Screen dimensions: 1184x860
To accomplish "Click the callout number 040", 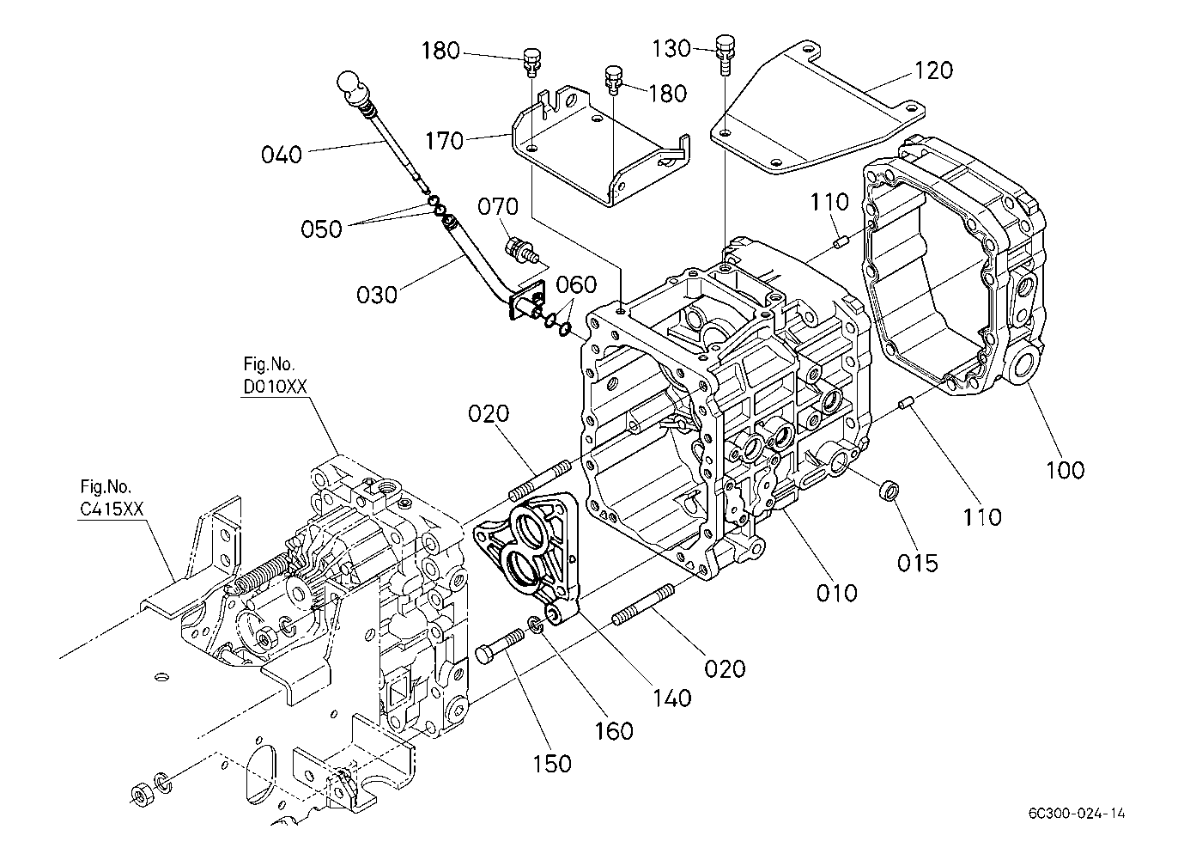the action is point(282,155).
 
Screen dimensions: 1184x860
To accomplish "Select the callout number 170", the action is point(444,141).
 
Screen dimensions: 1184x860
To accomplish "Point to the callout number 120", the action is point(933,70).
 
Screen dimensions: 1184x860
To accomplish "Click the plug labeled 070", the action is point(520,251).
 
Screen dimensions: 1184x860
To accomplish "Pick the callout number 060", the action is point(577,285).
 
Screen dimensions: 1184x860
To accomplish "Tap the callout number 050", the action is point(321,229).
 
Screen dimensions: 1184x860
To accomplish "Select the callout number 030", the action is point(376,296).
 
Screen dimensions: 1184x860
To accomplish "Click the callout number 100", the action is point(1065,470).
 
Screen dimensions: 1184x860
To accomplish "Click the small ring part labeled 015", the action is point(888,489).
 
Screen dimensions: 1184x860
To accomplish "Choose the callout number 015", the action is point(918,564).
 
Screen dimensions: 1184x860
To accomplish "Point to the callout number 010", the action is point(837,594).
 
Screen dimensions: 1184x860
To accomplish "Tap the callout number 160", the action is point(614,731).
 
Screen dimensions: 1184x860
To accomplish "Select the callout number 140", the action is point(671,698).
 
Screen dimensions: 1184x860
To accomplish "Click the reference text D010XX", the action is point(275,387).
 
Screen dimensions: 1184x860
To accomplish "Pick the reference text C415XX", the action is point(112,509).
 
